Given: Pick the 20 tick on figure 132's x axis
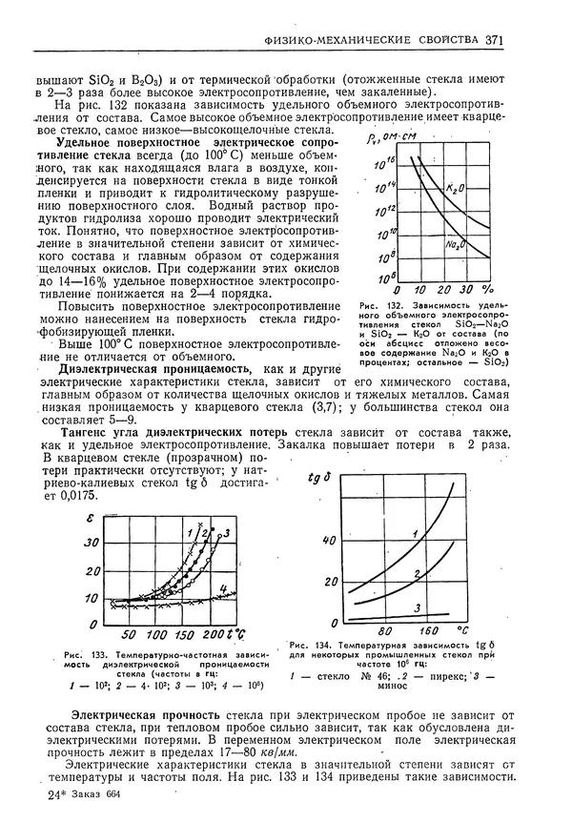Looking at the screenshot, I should pyautogui.click(x=431, y=289).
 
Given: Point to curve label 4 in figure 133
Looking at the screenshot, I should pyautogui.click(x=222, y=588).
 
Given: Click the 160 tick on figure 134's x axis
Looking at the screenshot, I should pyautogui.click(x=429, y=630).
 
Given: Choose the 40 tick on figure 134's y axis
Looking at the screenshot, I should pyautogui.click(x=330, y=540).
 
